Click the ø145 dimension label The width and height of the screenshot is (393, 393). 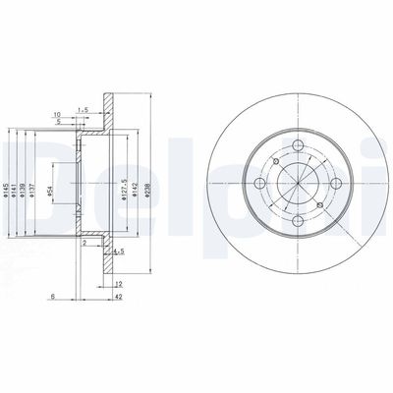(x=9, y=177)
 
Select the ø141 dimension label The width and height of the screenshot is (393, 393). (x=19, y=177)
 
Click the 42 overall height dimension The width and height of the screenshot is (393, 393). (x=116, y=295)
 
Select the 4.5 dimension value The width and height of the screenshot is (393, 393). (x=118, y=253)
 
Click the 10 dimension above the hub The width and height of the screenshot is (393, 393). (x=60, y=114)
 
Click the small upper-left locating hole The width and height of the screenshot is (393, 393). (x=277, y=162)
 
